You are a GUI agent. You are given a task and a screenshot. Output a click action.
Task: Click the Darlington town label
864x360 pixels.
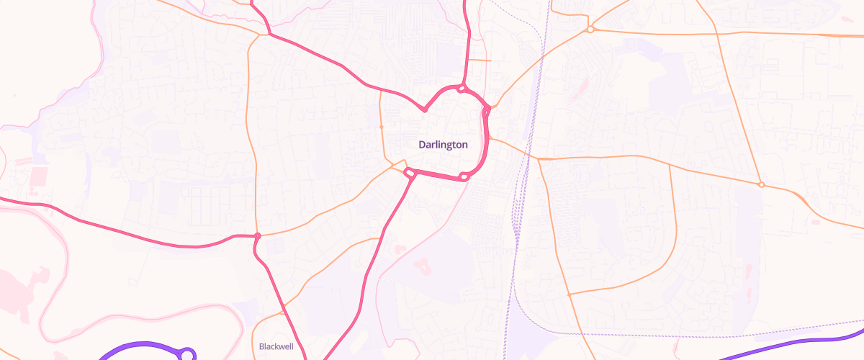[x=443, y=145]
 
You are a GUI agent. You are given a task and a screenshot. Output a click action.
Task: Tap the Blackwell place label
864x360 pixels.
[x=275, y=347]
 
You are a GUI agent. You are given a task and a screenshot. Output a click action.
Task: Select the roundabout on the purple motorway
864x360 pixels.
[x=188, y=354]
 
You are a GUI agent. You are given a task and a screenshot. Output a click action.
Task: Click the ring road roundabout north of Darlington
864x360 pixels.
[x=461, y=89]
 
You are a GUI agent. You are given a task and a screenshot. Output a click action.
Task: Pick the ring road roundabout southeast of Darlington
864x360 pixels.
[x=464, y=176]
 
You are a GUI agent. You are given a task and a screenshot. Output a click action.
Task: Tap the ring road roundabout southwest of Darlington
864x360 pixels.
[x=410, y=172]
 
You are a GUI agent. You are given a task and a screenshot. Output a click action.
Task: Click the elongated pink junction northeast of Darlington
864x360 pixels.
[x=487, y=110]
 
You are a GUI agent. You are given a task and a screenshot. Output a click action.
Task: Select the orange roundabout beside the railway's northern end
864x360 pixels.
[x=590, y=30]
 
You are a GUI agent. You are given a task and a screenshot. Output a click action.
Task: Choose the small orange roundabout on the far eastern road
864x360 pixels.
[x=761, y=185]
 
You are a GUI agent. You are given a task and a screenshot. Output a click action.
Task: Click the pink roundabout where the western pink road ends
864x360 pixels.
[x=257, y=236]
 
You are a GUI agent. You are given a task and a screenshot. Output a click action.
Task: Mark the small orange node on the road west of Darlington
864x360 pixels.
[x=381, y=127]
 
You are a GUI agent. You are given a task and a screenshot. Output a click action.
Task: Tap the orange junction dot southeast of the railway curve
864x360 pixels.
[x=569, y=294]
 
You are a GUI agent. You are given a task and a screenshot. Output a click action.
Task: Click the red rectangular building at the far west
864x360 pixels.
[x=37, y=175]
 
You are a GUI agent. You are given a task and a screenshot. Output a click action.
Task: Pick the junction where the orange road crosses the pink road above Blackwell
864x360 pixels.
[x=283, y=306]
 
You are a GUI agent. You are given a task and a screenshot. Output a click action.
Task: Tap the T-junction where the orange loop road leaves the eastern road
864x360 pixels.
[x=670, y=165]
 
